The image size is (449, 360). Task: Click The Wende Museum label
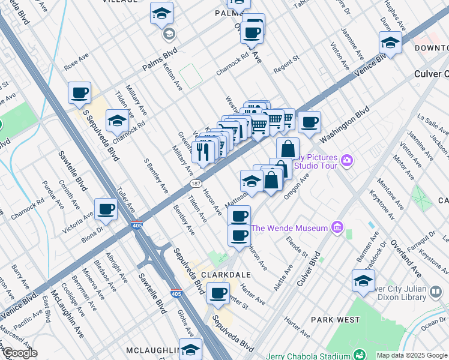pyautogui.click(x=289, y=228)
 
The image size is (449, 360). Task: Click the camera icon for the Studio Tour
pyautogui.click(x=346, y=160)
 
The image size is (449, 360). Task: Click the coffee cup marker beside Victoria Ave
pyautogui.click(x=106, y=209)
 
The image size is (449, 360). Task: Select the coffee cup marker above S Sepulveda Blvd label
pyautogui.click(x=79, y=93)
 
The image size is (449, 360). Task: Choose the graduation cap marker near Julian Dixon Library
pyautogui.click(x=363, y=281)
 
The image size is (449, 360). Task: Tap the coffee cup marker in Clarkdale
pyautogui.click(x=218, y=293)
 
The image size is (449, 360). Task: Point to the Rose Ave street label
pyautogui.click(x=76, y=61)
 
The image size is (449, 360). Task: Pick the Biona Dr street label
pyautogui.click(x=92, y=236)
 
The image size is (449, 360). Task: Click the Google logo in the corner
pyautogui.click(x=19, y=353)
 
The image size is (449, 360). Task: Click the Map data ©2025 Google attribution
pyautogui.click(x=412, y=355)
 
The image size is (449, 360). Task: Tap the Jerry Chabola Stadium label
pyautogui.click(x=306, y=354)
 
